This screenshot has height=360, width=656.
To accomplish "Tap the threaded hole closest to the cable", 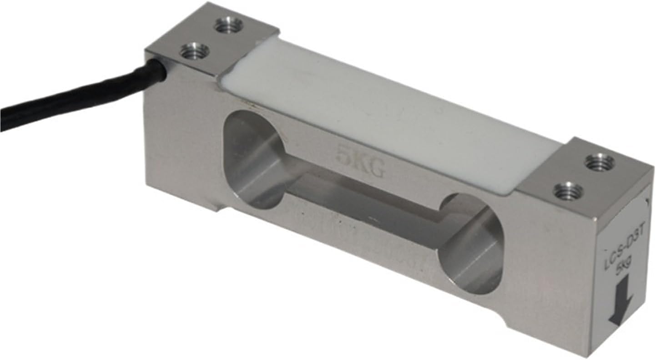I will [194, 52].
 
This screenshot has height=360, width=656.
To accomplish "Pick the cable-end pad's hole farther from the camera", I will [229, 25].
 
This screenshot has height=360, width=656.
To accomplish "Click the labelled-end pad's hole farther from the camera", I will [600, 161].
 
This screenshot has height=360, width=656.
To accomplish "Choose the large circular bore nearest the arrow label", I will [471, 243].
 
